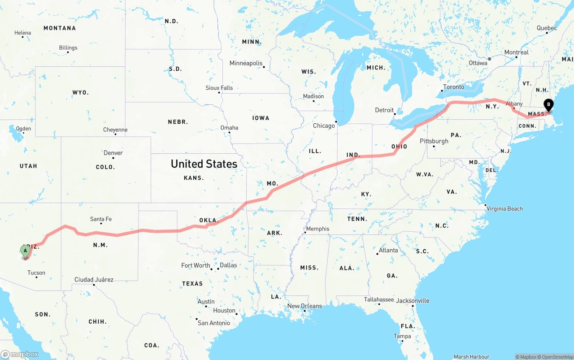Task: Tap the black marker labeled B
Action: pos(548,105)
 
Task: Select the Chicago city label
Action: pos(324,126)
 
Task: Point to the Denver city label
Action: pos(113,153)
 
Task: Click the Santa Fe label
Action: pos(101,219)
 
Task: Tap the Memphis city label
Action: pos(317,229)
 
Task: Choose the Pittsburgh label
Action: pos(434,141)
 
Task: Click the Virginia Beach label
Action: pos(504,208)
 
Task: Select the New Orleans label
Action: pos(304,306)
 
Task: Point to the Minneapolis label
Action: pos(246,63)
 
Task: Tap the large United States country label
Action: pos(204,164)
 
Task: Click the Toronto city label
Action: pos(453,87)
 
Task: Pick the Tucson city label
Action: pos(36,273)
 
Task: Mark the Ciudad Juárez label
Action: pos(94,280)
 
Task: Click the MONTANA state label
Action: pos(60,28)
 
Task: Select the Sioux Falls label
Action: pos(219,88)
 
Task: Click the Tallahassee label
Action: pos(379,299)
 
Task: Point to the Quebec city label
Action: pos(547,28)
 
